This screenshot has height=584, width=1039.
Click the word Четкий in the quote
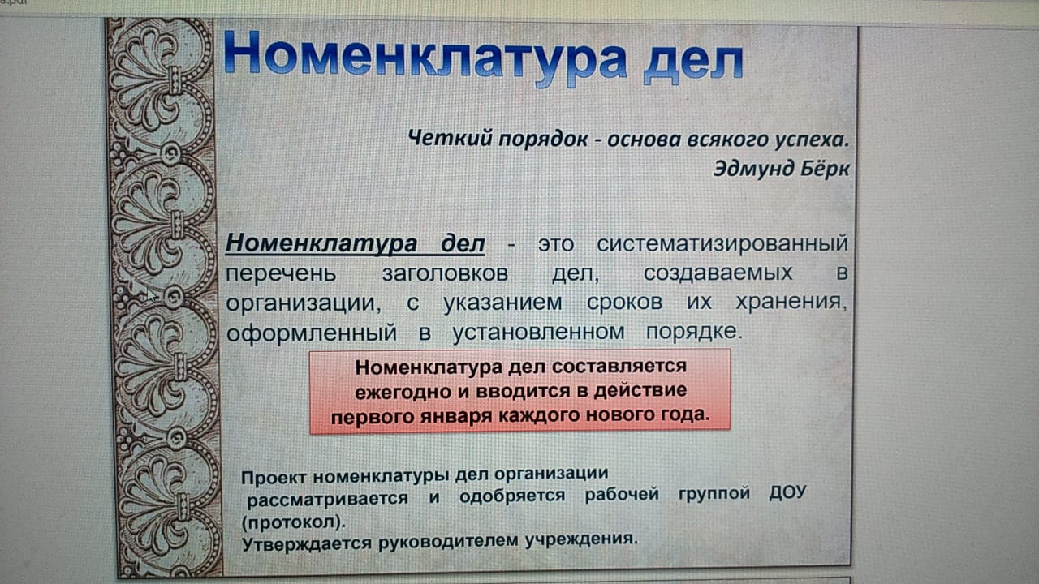coord(450,138)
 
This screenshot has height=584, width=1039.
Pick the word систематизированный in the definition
coord(722,243)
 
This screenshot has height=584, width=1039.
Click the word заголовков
coord(446,273)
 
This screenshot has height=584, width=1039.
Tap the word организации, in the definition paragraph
coord(304,303)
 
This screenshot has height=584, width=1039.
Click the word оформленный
coord(312,333)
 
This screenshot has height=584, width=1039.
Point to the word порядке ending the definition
coord(694,331)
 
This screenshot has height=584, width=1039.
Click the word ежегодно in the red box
coord(403,392)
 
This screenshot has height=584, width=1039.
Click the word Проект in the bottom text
coord(274,478)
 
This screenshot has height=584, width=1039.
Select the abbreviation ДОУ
coord(787,492)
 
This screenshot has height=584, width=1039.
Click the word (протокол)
coord(294,522)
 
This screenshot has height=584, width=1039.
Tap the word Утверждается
coord(307,543)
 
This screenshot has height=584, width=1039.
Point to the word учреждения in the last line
coord(582,539)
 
